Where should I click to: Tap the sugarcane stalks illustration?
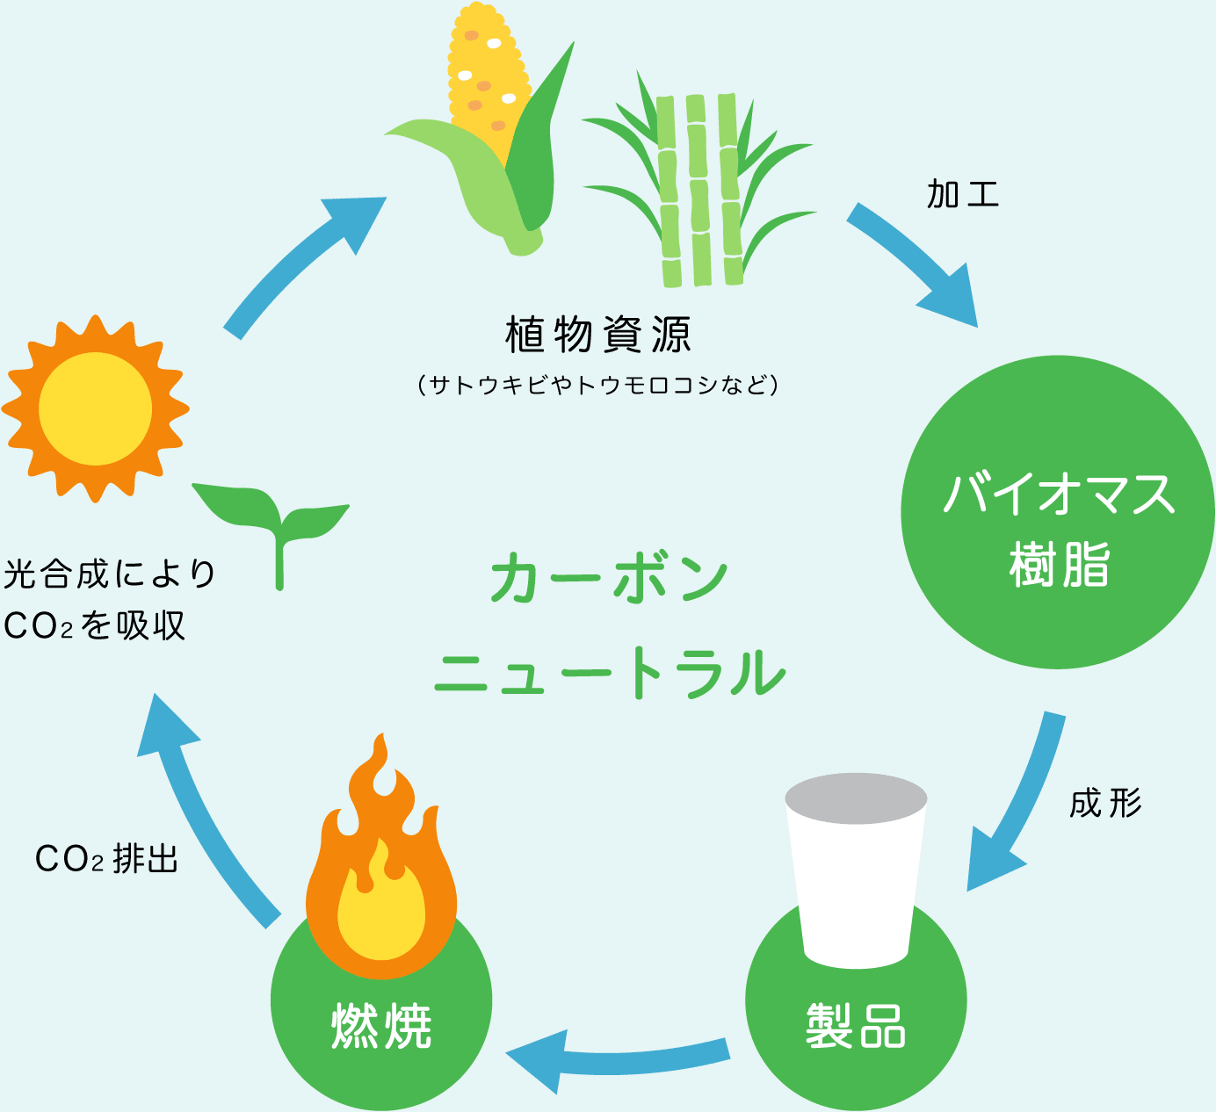(x=699, y=189)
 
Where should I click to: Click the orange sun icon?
(x=95, y=409)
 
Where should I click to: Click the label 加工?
(x=963, y=194)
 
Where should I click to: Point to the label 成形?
(x=1105, y=803)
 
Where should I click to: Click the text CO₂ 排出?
(x=106, y=858)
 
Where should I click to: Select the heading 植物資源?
(x=598, y=335)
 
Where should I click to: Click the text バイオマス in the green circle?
(x=1059, y=495)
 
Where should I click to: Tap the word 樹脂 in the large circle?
(x=1059, y=565)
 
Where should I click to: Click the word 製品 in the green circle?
(x=856, y=1025)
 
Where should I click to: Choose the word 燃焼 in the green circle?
(x=381, y=1025)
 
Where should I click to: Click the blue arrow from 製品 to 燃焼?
(x=615, y=1057)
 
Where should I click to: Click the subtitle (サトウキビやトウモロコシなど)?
(x=598, y=385)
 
